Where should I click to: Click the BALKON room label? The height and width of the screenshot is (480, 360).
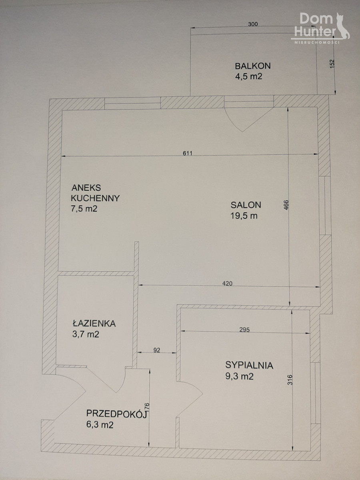click(253, 66)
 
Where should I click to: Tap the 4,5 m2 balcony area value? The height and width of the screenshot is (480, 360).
click(248, 76)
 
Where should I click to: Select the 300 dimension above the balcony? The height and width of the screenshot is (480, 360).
click(253, 24)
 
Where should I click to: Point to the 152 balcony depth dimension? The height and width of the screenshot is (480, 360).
click(332, 64)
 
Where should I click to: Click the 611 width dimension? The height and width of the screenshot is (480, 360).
click(188, 153)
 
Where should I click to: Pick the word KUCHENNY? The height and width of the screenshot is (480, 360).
click(95, 198)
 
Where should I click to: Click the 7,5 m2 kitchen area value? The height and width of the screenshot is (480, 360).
click(84, 209)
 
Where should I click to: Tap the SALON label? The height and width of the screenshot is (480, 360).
click(246, 205)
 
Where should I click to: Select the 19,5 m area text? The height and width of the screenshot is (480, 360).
click(244, 216)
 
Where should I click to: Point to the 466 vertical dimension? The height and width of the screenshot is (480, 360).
click(286, 205)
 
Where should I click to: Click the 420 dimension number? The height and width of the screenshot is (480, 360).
click(227, 284)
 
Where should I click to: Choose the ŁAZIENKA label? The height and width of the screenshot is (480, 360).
click(94, 324)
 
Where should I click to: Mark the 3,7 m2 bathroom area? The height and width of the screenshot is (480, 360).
click(86, 334)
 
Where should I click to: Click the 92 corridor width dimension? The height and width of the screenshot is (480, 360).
click(157, 350)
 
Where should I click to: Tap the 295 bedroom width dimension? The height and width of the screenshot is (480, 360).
click(244, 330)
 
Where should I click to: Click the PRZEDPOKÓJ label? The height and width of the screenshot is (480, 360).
click(116, 414)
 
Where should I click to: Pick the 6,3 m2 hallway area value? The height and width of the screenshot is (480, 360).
click(100, 425)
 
